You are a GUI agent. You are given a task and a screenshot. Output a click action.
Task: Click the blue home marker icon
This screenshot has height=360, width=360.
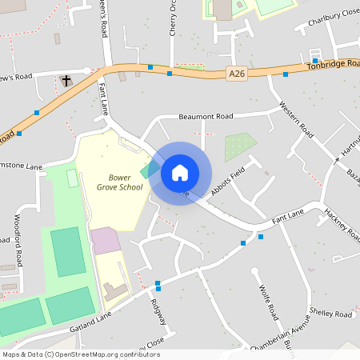[180, 173]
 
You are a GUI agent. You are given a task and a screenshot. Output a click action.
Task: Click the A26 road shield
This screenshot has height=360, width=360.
[236, 74]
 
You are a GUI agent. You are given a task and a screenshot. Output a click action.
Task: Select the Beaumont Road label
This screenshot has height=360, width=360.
[205, 116]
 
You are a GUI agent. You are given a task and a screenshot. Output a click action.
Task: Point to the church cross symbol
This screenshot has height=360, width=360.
[66, 80]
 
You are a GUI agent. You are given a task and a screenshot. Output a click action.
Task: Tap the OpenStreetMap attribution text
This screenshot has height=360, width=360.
[81, 354]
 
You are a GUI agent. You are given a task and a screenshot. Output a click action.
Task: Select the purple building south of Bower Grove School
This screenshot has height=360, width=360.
[104, 240]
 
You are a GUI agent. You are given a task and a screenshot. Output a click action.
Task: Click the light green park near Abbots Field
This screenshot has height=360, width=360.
[240, 146]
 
